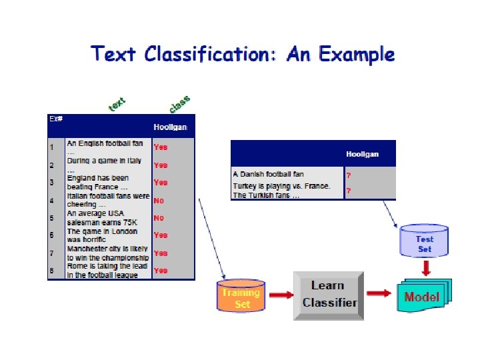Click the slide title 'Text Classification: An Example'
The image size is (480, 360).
[243, 54]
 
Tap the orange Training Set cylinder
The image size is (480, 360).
[241, 297]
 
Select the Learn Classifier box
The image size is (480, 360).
[329, 293]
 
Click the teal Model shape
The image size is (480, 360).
[423, 297]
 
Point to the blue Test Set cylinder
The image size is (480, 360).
[424, 243]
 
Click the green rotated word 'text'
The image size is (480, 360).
[117, 105]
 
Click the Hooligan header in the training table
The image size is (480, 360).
[170, 127]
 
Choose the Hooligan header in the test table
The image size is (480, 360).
[362, 154]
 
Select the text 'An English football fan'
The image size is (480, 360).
[105, 143]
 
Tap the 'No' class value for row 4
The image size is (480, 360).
[159, 200]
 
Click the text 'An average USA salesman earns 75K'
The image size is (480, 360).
[100, 218]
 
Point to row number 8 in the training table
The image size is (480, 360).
[51, 271]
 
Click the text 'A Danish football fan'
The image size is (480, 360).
[268, 175]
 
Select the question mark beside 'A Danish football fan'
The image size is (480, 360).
[348, 175]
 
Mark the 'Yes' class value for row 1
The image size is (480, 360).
[161, 147]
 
